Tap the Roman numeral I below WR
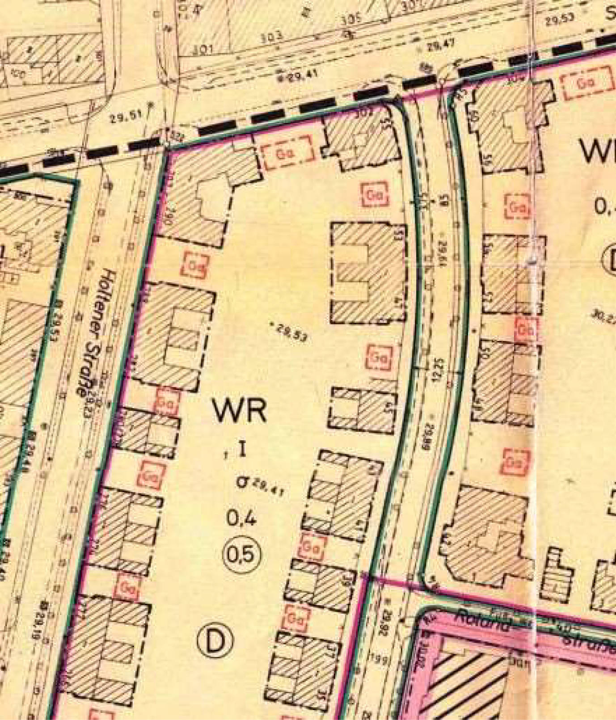pyautogui.click(x=241, y=450)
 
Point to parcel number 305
pyautogui.click(x=351, y=21)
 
